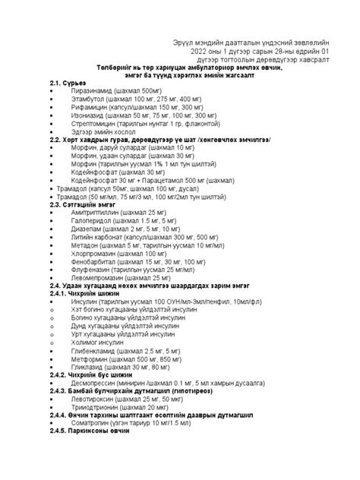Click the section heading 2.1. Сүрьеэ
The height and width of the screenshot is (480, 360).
pos(67,83)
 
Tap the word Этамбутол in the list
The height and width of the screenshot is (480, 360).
pos(93,99)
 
